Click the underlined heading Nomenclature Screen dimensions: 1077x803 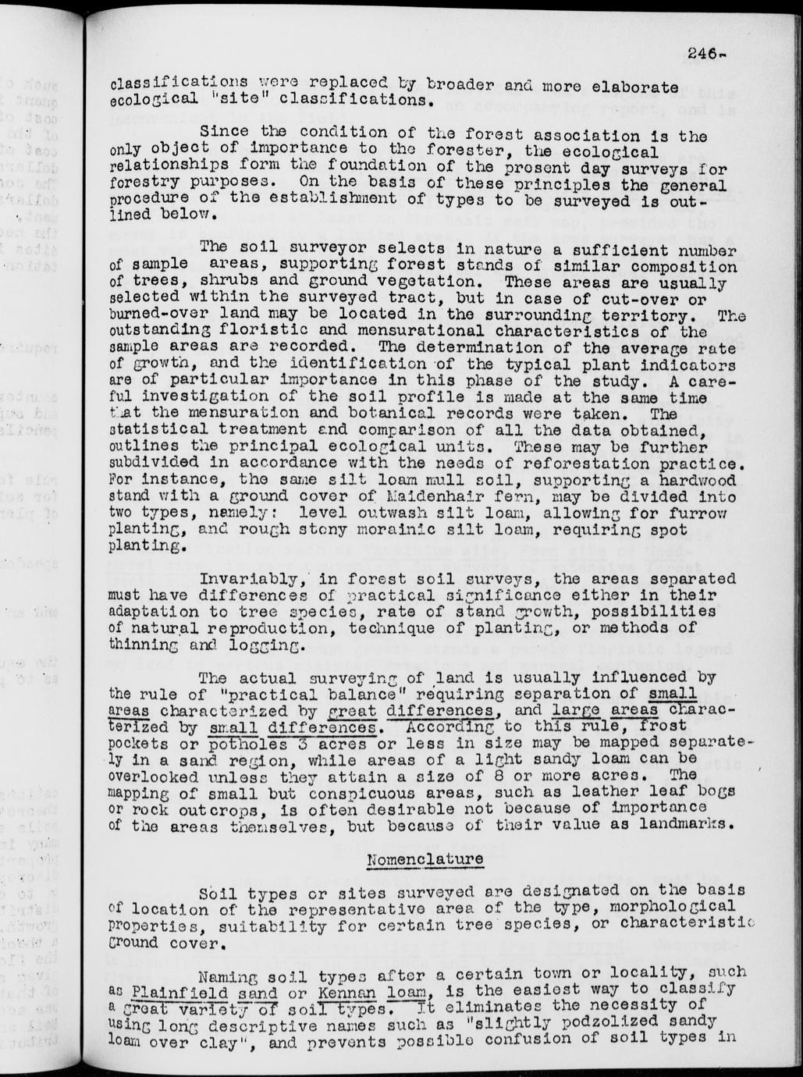coord(425,858)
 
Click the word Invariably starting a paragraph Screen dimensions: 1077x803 coord(243,578)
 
